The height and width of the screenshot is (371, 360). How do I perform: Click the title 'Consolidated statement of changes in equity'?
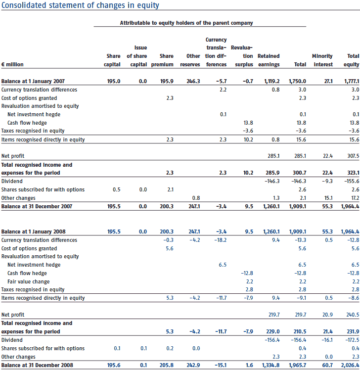pos(80,5)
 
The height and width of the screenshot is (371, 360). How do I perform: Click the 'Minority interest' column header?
pos(322,60)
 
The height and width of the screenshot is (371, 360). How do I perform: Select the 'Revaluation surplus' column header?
pos(242,56)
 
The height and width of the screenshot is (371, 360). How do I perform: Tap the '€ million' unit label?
pos(12,64)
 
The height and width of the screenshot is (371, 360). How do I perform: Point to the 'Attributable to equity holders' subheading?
pos(186,23)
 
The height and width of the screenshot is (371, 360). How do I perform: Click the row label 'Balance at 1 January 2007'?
pos(33,81)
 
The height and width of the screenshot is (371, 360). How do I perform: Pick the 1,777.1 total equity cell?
pos(352,81)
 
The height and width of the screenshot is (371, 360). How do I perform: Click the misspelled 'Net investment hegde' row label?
pos(34,115)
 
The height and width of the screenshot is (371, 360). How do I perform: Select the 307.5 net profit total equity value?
pos(353,156)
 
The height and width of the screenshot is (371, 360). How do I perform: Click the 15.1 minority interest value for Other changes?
pos(328,198)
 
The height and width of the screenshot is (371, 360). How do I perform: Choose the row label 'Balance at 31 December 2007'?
pos(37,206)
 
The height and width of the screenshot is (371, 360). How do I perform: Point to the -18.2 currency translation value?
pos(221,240)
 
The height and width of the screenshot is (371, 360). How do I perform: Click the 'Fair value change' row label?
pos(28,281)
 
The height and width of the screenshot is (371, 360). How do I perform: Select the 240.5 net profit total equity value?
pos(353,315)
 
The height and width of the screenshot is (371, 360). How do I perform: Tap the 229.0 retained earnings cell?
pos(272,331)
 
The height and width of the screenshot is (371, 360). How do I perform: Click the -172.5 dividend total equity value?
pos(352,340)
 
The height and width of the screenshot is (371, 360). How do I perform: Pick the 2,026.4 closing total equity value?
pos(350,365)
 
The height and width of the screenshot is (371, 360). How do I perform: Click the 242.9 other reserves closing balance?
pos(193,365)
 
